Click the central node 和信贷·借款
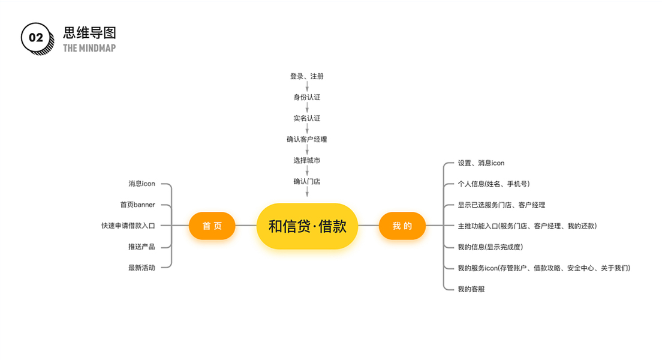[x=307, y=226]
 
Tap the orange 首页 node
[x=212, y=226]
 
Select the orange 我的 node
[x=402, y=226]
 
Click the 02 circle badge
[x=35, y=38]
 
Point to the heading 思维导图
[x=89, y=33]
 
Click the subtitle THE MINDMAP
[x=89, y=48]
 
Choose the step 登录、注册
[x=307, y=77]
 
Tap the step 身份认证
[x=307, y=97]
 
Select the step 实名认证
[x=307, y=118]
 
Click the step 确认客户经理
[x=307, y=139]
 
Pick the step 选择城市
[x=307, y=160]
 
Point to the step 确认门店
[x=307, y=181]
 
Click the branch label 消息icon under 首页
[x=142, y=184]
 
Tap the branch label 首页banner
[x=137, y=205]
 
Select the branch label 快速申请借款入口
[x=128, y=226]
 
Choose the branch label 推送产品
[x=142, y=247]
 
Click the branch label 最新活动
[x=142, y=268]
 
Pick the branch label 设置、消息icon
[x=481, y=163]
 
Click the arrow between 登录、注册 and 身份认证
[x=307, y=87]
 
